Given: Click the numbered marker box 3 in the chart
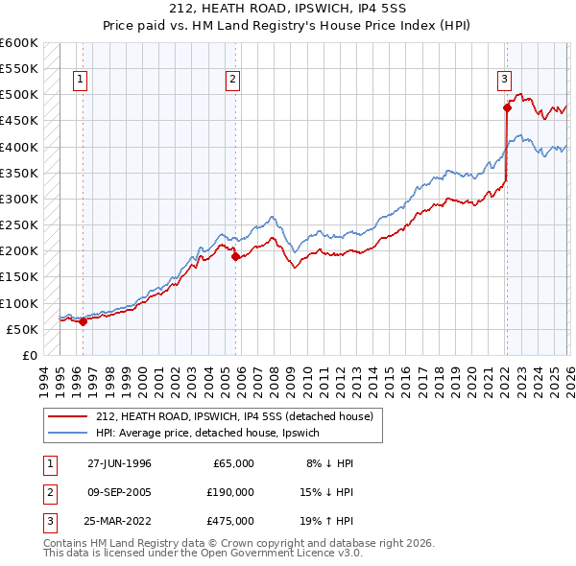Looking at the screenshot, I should [504, 80].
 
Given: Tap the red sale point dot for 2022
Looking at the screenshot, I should [507, 107].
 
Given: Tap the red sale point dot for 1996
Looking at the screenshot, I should [84, 321].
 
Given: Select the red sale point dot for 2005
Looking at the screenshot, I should [235, 256].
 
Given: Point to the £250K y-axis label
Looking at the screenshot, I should [19, 224].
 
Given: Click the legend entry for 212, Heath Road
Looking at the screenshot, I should [240, 416].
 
